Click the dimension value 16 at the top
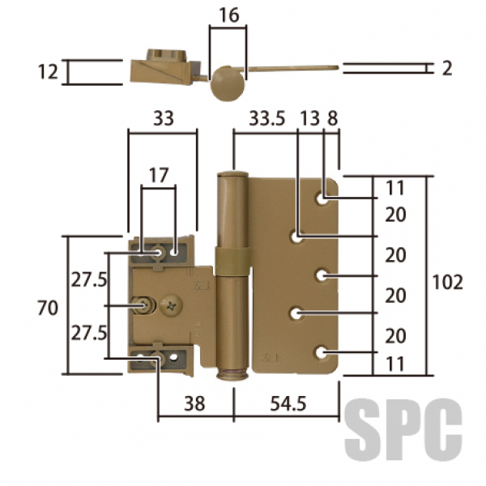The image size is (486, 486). click(229, 15)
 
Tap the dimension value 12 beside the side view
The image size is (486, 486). click(48, 71)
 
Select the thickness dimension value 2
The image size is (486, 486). click(446, 68)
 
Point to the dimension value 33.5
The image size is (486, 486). click(266, 118)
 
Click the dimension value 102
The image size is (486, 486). click(447, 282)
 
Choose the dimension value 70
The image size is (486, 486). click(48, 308)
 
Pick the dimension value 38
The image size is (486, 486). click(194, 403)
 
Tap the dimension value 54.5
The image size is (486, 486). click(288, 403)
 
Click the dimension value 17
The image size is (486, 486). click(159, 175)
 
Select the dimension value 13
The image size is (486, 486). click(310, 118)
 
